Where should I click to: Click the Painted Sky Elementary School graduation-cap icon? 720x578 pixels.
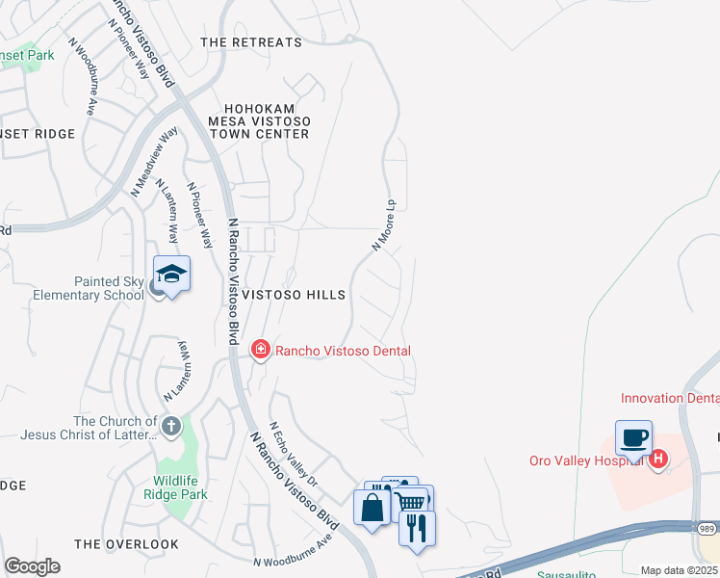170,275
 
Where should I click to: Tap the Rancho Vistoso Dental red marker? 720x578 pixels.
260,351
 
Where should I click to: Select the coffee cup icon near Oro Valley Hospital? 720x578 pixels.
633,439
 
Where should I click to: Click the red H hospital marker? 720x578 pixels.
658,460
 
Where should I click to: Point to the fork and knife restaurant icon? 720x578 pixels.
417,529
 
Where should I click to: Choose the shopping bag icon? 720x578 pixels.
372,507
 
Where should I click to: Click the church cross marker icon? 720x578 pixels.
170,426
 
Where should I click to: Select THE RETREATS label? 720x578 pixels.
251,42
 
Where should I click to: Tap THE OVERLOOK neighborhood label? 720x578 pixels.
126,544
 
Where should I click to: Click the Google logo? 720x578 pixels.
32,566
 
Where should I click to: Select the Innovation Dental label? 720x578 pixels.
670,397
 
